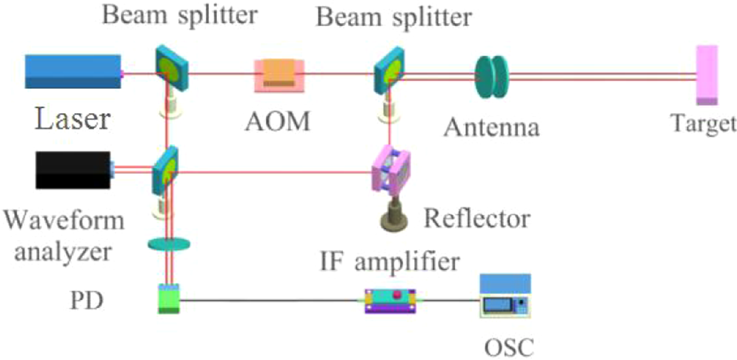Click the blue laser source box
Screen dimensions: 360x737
tap(73, 71)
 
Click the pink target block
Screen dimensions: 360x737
tap(706, 75)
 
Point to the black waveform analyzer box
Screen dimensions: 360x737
tap(73, 170)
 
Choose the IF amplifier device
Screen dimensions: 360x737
tap(390, 300)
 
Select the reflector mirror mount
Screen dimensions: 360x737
tap(390, 172)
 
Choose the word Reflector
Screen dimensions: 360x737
tap(476, 219)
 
